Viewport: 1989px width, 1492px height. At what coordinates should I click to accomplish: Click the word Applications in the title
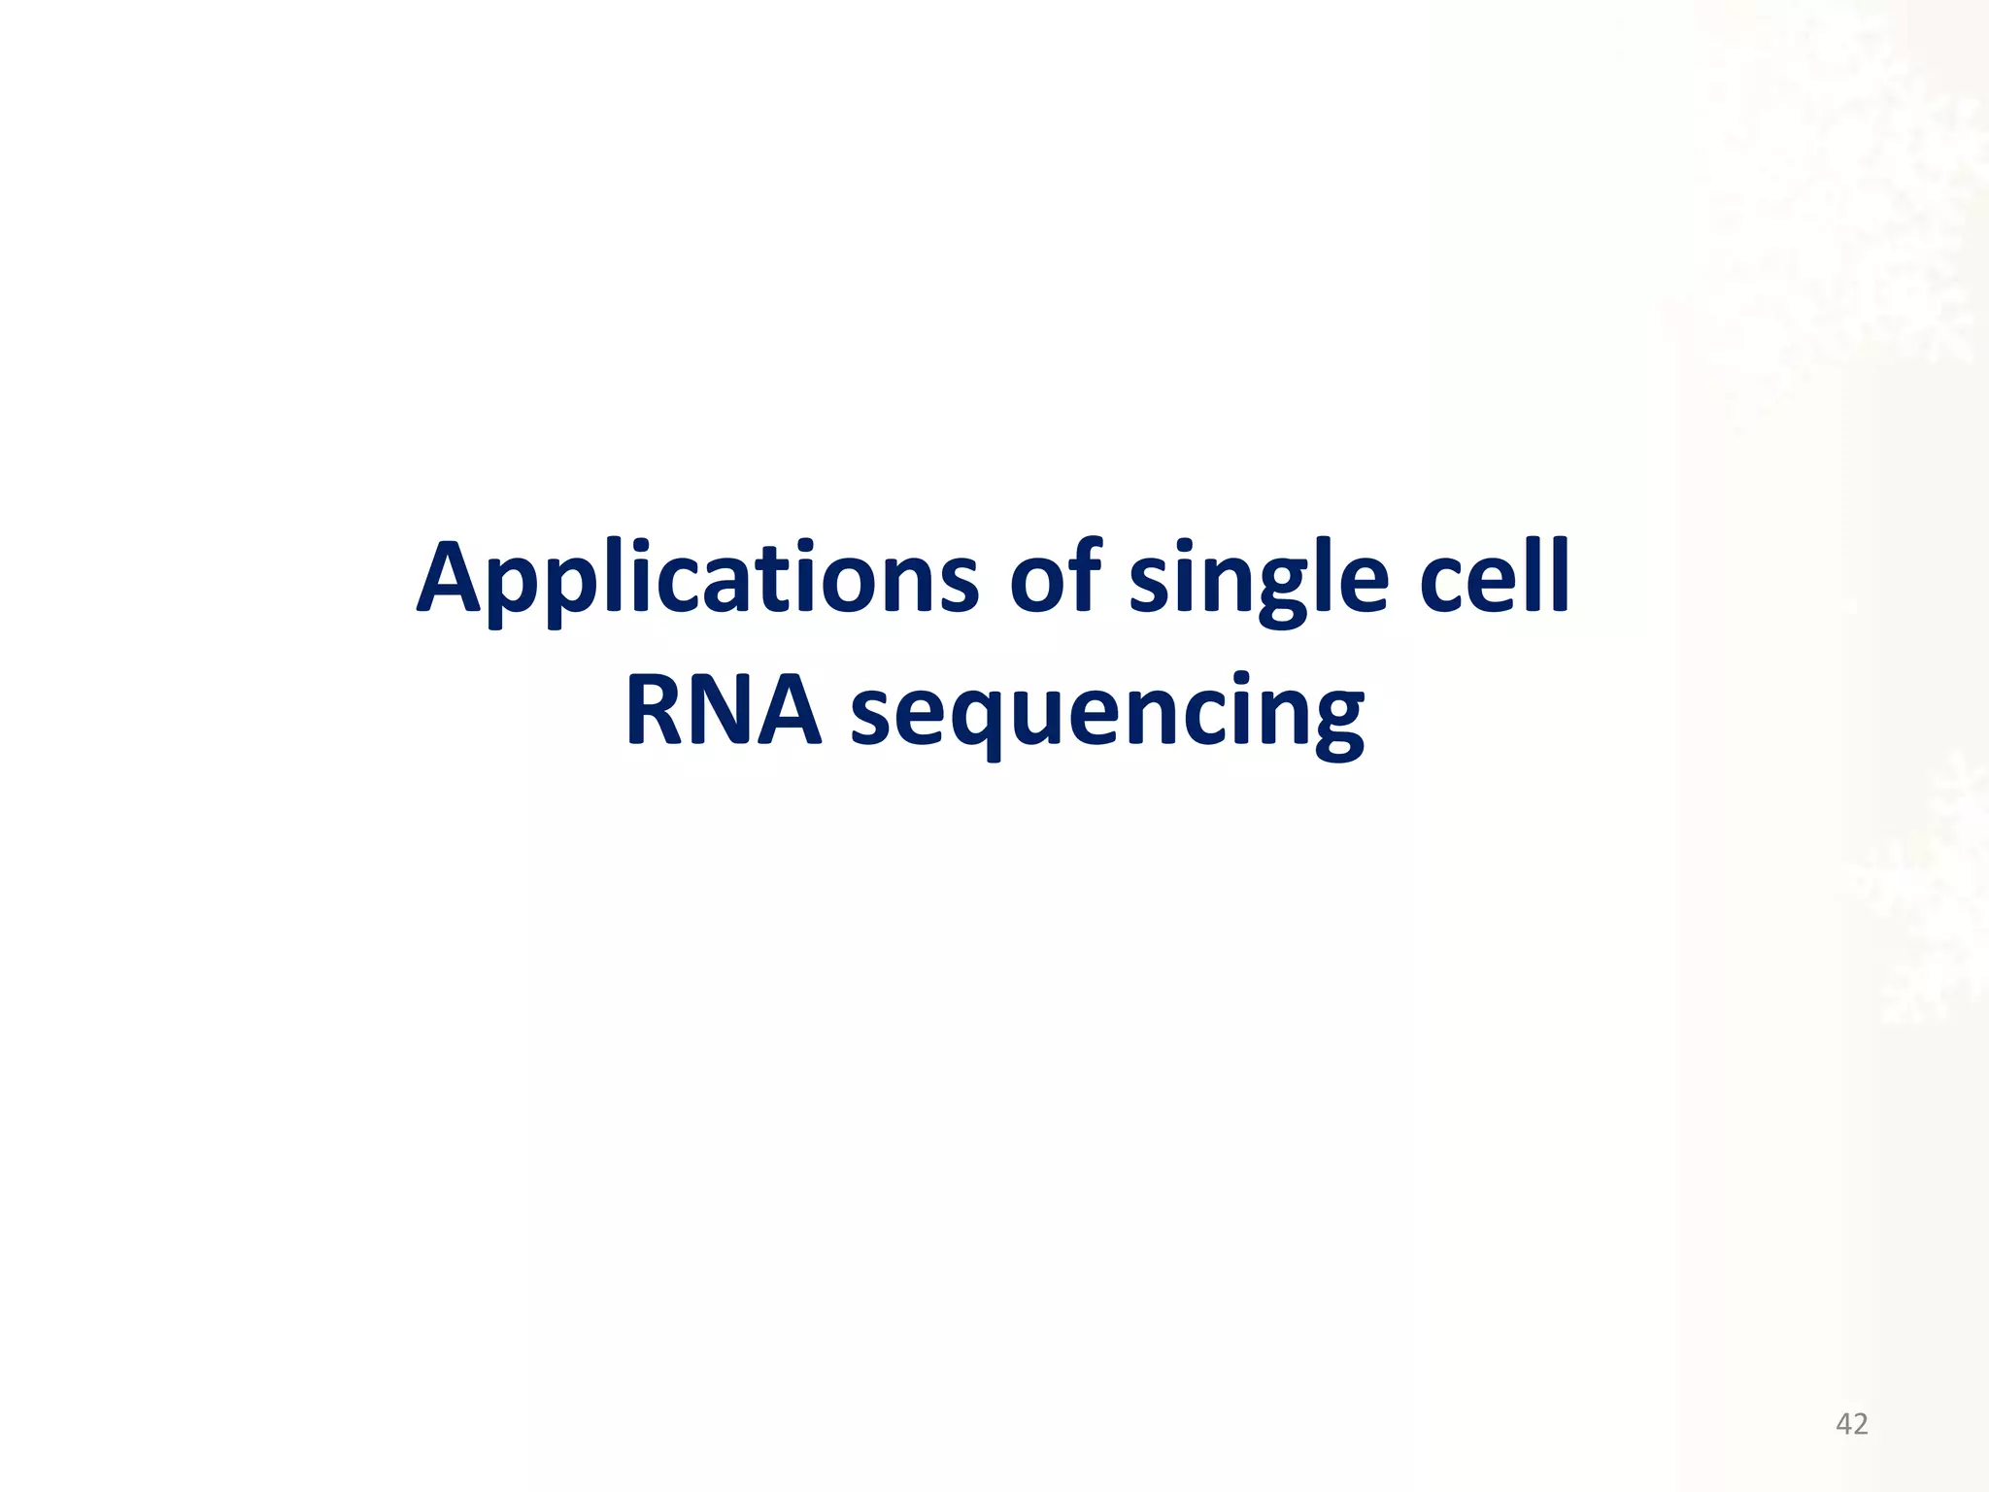point(697,579)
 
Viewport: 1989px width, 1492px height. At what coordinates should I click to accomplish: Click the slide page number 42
point(1851,1424)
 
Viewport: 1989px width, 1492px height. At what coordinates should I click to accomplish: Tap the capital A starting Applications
point(451,579)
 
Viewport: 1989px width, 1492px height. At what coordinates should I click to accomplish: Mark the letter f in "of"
point(1085,575)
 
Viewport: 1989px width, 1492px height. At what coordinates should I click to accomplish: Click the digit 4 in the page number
point(1843,1424)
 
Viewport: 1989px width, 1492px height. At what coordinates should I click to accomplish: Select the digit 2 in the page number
point(1860,1424)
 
